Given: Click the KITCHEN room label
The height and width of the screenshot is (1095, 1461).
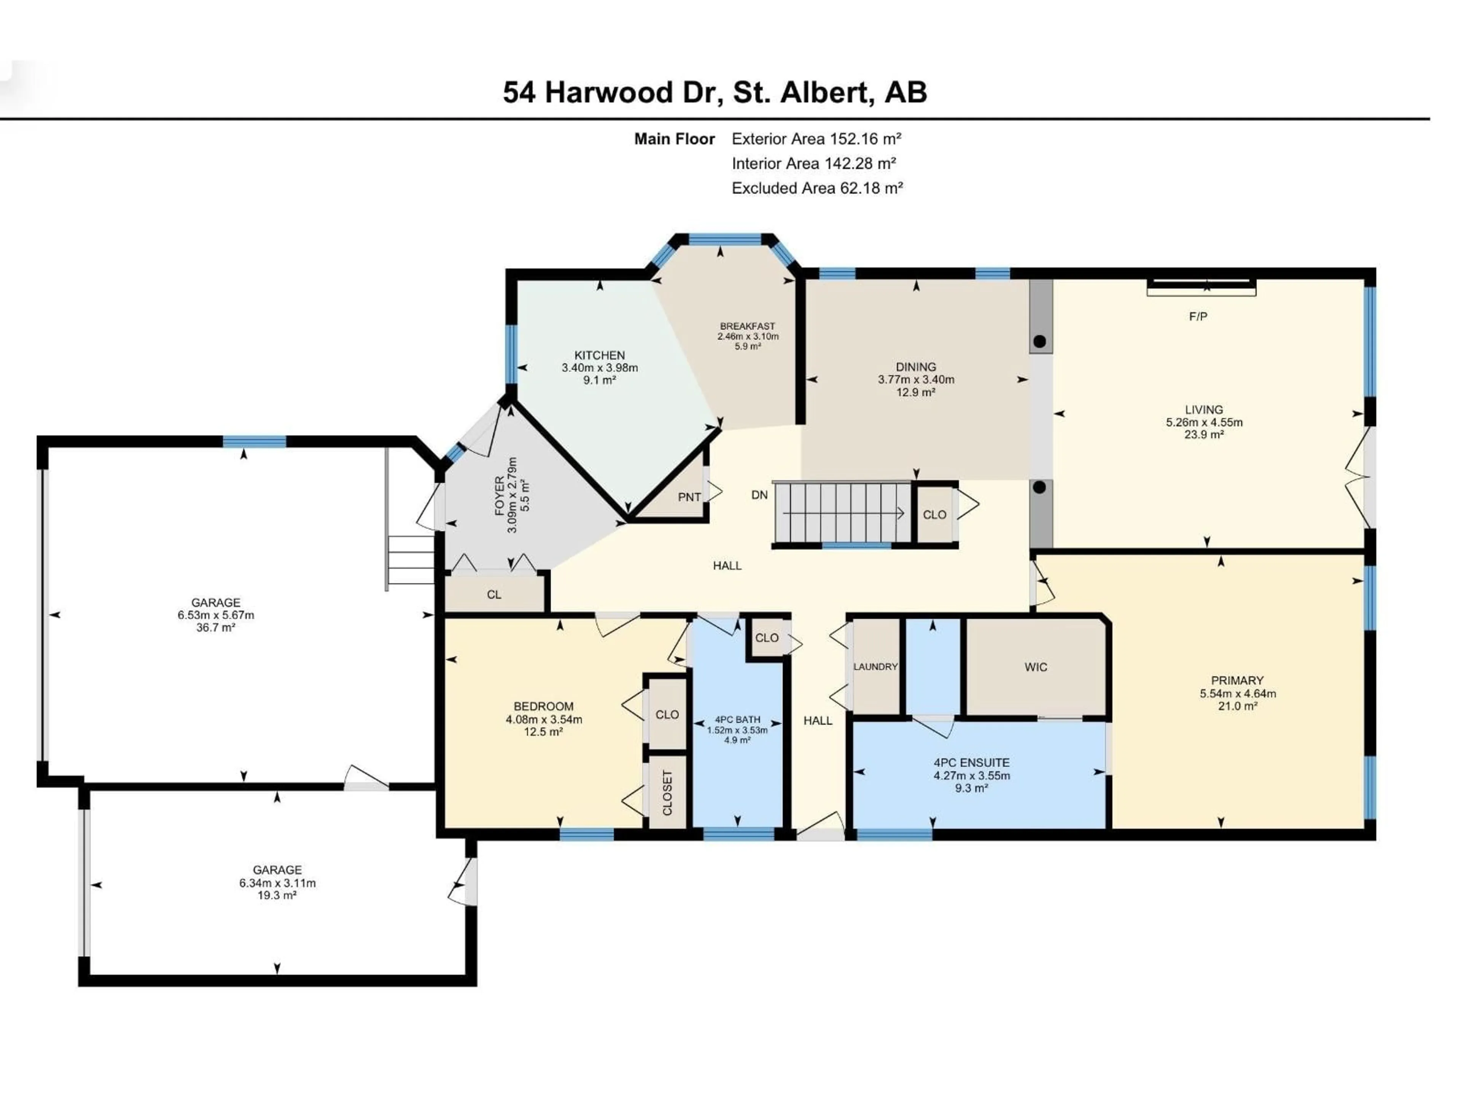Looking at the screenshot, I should click(x=599, y=355).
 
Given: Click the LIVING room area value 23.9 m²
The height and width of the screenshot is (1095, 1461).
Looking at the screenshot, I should click(x=1203, y=434).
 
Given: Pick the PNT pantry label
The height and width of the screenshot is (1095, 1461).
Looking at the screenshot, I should click(x=689, y=497).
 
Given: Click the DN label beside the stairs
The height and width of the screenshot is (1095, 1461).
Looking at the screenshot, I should click(x=759, y=495).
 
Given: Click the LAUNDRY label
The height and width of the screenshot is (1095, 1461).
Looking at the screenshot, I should click(x=875, y=667).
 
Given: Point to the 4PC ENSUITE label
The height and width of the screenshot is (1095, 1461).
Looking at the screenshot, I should click(x=971, y=762).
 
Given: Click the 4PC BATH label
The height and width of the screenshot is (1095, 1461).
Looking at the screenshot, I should click(x=737, y=719).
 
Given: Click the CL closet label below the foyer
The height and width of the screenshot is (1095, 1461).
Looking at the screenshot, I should click(x=494, y=595).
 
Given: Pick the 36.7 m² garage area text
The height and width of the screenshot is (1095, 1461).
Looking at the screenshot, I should click(x=215, y=628).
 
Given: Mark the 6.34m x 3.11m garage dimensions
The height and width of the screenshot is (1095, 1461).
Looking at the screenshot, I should click(x=277, y=883).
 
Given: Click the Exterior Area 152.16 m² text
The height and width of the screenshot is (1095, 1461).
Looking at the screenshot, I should click(x=816, y=139).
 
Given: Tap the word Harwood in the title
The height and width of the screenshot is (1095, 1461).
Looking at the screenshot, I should click(x=629, y=92).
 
